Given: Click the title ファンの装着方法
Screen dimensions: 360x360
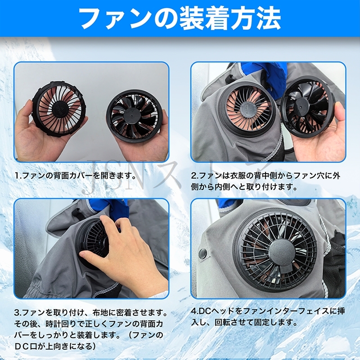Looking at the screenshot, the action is [x=180, y=19].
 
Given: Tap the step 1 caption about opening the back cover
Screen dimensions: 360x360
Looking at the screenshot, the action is [x=75, y=176].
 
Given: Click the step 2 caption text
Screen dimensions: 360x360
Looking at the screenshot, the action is [x=265, y=181].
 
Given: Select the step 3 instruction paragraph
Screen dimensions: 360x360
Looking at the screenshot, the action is [x=90, y=328].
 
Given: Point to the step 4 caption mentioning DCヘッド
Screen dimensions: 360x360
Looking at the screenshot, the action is [x=268, y=317].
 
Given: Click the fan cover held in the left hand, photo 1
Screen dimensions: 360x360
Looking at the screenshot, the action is [x=60, y=109].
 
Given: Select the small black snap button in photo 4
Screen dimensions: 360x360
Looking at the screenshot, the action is [x=202, y=253].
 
